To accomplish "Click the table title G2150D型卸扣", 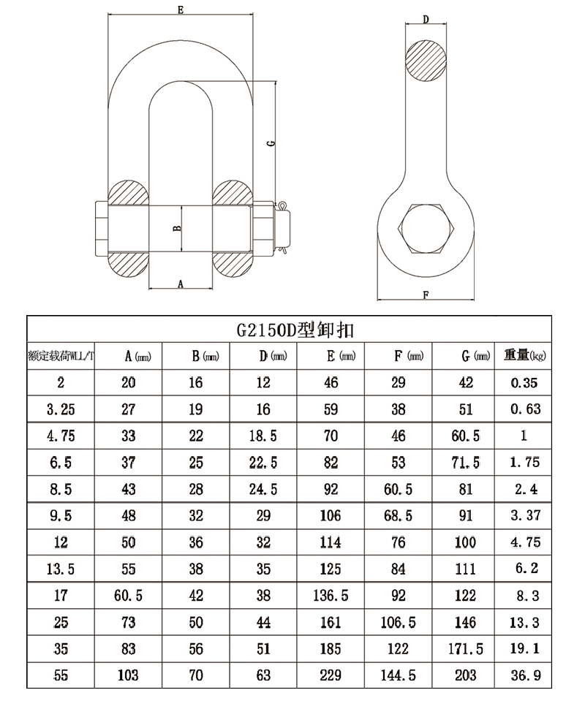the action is tap(295, 330).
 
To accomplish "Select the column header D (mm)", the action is tap(273, 356).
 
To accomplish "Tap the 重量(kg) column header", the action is tap(525, 355).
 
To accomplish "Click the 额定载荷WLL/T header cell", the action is tap(61, 356).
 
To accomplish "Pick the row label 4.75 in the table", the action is tap(61, 436).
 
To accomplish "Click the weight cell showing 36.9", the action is tap(525, 675).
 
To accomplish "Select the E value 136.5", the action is tap(331, 596).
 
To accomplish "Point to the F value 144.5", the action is tap(398, 675).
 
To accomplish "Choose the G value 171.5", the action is tap(466, 649).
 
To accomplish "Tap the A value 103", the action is tap(128, 675).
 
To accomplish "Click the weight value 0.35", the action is tap(524, 383).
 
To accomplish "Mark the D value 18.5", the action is tap(263, 436).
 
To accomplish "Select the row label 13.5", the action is tap(61, 569).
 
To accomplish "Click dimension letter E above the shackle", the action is tap(181, 10).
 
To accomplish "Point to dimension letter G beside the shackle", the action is tap(271, 143).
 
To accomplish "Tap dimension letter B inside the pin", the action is tap(178, 228).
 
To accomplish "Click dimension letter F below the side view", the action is tap(426, 295).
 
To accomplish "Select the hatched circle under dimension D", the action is tap(426, 61).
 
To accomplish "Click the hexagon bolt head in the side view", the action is tap(426, 228).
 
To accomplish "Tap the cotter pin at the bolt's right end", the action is tap(283, 227).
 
